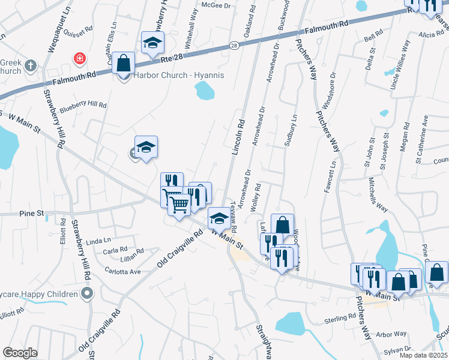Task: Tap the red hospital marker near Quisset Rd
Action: coord(79,58)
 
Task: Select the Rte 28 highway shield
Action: coord(234,45)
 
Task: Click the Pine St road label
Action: coord(32,213)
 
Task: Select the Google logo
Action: coord(20,352)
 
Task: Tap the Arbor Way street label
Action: coord(392,334)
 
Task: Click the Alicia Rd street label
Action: coord(431,35)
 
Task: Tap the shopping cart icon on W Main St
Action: coord(179,205)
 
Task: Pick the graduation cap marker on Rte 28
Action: coord(152,43)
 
